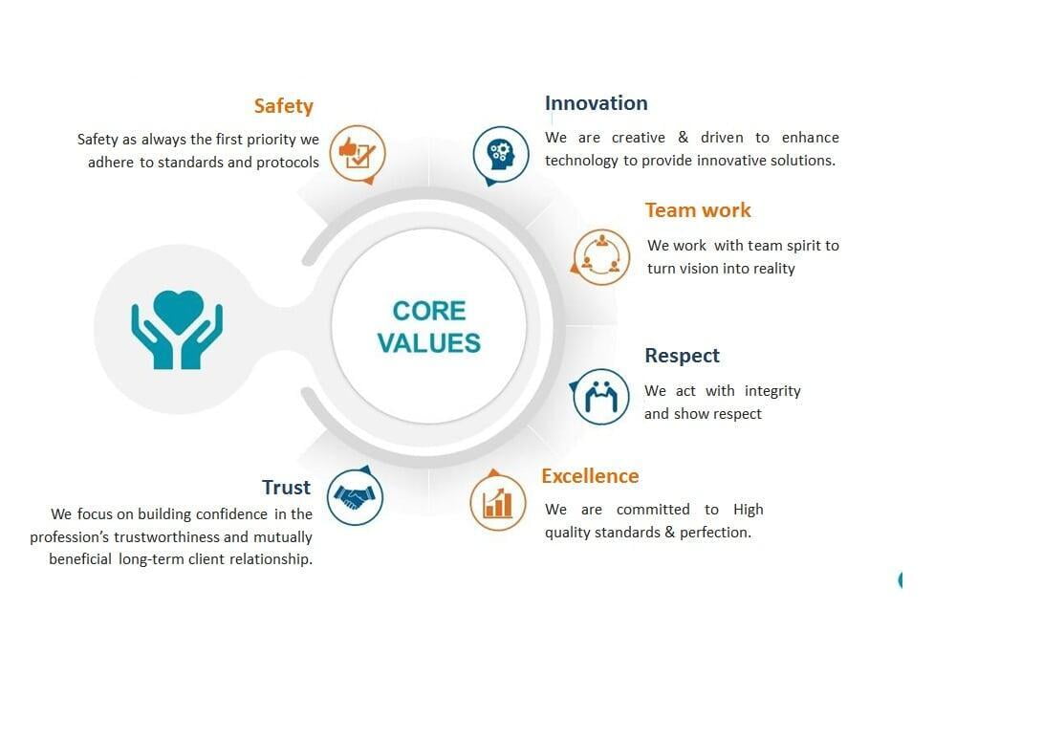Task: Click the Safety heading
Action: [283, 106]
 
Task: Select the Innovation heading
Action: [596, 103]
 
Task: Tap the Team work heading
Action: [698, 210]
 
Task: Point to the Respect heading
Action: [682, 356]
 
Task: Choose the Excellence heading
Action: [590, 476]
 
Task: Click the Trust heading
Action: [286, 487]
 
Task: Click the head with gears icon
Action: [501, 155]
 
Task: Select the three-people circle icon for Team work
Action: [600, 257]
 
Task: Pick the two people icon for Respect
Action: [600, 397]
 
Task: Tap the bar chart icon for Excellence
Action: [497, 502]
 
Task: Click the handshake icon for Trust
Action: [355, 496]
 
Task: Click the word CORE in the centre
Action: [429, 311]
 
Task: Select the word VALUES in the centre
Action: [429, 343]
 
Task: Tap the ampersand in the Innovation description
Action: [684, 137]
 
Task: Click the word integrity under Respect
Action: [772, 391]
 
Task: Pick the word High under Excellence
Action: [749, 510]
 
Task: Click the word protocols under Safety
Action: [288, 163]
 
